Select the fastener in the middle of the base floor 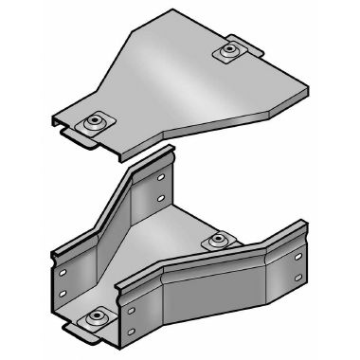click(219, 238)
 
